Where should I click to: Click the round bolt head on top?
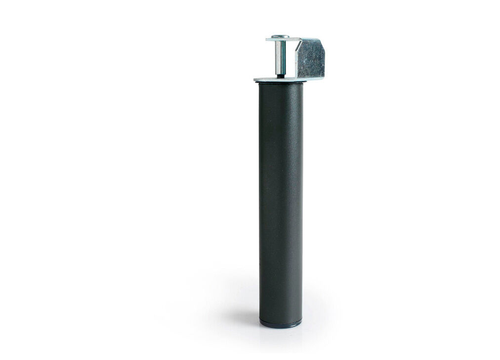pyautogui.click(x=280, y=36)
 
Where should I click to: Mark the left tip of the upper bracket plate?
pyautogui.click(x=268, y=39)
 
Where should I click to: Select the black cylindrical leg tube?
pyautogui.click(x=280, y=198)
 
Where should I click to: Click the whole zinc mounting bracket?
pyautogui.click(x=296, y=58)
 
